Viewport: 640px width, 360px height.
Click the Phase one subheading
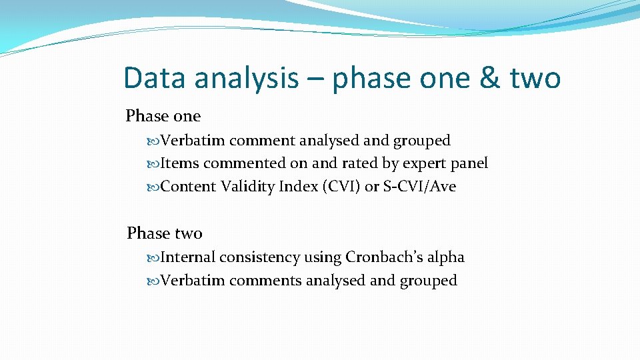[x=163, y=116]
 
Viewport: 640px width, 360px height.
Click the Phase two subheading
[x=164, y=233]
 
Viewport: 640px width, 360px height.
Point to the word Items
[x=180, y=163]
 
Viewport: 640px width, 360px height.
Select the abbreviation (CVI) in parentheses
[x=341, y=187]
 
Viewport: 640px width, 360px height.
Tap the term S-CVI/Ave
[x=419, y=187]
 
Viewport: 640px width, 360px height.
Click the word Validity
[x=247, y=187]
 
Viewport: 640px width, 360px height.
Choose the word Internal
[x=189, y=257]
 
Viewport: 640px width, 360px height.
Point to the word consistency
[x=260, y=257]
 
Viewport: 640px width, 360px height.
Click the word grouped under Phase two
[x=428, y=281]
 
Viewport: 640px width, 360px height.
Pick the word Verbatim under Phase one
[x=193, y=141]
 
